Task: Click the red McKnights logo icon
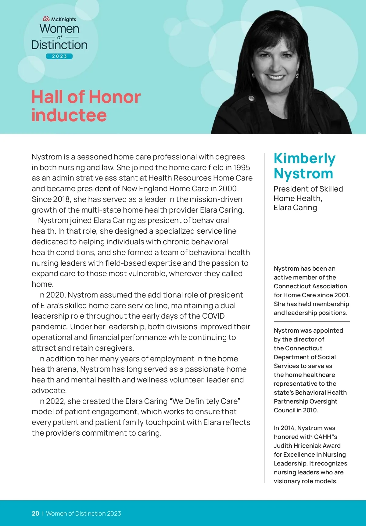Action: click(x=46, y=19)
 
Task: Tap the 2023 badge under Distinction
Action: click(x=59, y=56)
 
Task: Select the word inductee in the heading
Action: click(x=69, y=115)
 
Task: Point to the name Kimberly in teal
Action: click(x=304, y=159)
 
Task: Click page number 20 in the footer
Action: click(x=35, y=513)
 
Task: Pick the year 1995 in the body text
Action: click(x=241, y=167)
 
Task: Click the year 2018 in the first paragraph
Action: click(x=62, y=199)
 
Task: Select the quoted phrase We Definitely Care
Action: click(x=205, y=401)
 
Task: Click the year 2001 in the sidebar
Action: click(x=341, y=295)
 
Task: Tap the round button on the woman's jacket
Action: click(x=251, y=98)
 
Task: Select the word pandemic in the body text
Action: click(x=50, y=327)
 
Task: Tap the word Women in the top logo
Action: click(x=59, y=29)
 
